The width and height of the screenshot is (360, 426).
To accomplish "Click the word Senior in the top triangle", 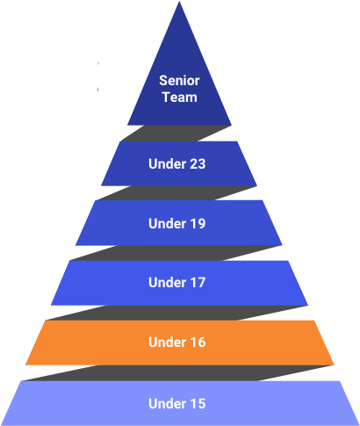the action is pyautogui.click(x=179, y=81).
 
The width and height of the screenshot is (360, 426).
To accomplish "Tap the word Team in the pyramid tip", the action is pyautogui.click(x=180, y=97).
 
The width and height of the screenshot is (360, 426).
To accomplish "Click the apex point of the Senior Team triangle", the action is pyautogui.click(x=179, y=2).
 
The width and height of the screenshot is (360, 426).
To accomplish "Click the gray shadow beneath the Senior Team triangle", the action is pyautogui.click(x=176, y=134).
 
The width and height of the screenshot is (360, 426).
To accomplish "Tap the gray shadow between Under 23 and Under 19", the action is pyautogui.click(x=176, y=193).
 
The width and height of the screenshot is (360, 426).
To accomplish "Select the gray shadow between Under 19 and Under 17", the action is pyautogui.click(x=176, y=253).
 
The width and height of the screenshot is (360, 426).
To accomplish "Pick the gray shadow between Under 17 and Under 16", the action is pyautogui.click(x=176, y=313).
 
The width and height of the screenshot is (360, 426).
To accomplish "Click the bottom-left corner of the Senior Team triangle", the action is pyautogui.click(x=127, y=125).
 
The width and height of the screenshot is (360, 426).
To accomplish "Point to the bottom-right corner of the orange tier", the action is pyautogui.click(x=334, y=365).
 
